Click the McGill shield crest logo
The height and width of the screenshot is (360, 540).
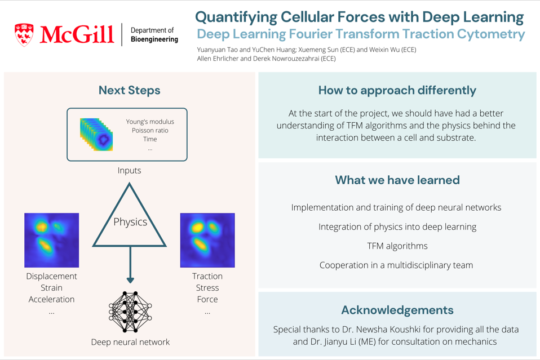pos(24,35)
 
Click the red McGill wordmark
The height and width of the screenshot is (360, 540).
pos(77,34)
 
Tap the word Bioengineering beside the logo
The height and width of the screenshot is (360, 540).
pos(154,39)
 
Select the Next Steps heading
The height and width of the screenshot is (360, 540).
pos(130,90)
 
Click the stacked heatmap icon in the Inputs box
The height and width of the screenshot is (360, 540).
pos(96,135)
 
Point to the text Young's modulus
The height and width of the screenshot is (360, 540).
pos(150,122)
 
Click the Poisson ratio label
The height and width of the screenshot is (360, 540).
pos(150,131)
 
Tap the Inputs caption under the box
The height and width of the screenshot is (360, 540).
pos(129,170)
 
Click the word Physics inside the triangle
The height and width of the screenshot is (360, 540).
pos(130,222)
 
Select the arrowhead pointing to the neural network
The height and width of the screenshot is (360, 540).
pos(130,279)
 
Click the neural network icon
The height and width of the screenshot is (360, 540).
pos(130,312)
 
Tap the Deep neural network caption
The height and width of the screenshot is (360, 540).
pos(130,342)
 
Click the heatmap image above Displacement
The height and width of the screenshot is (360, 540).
pos(52,240)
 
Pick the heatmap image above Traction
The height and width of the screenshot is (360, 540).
pos(207,240)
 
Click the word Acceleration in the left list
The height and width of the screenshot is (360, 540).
pos(52,299)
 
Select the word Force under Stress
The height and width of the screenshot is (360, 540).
pos(207,299)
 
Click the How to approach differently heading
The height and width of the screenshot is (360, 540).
pos(397,90)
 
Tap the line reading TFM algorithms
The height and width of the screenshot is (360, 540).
pos(397,246)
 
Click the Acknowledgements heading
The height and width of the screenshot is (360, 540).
pos(397,310)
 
